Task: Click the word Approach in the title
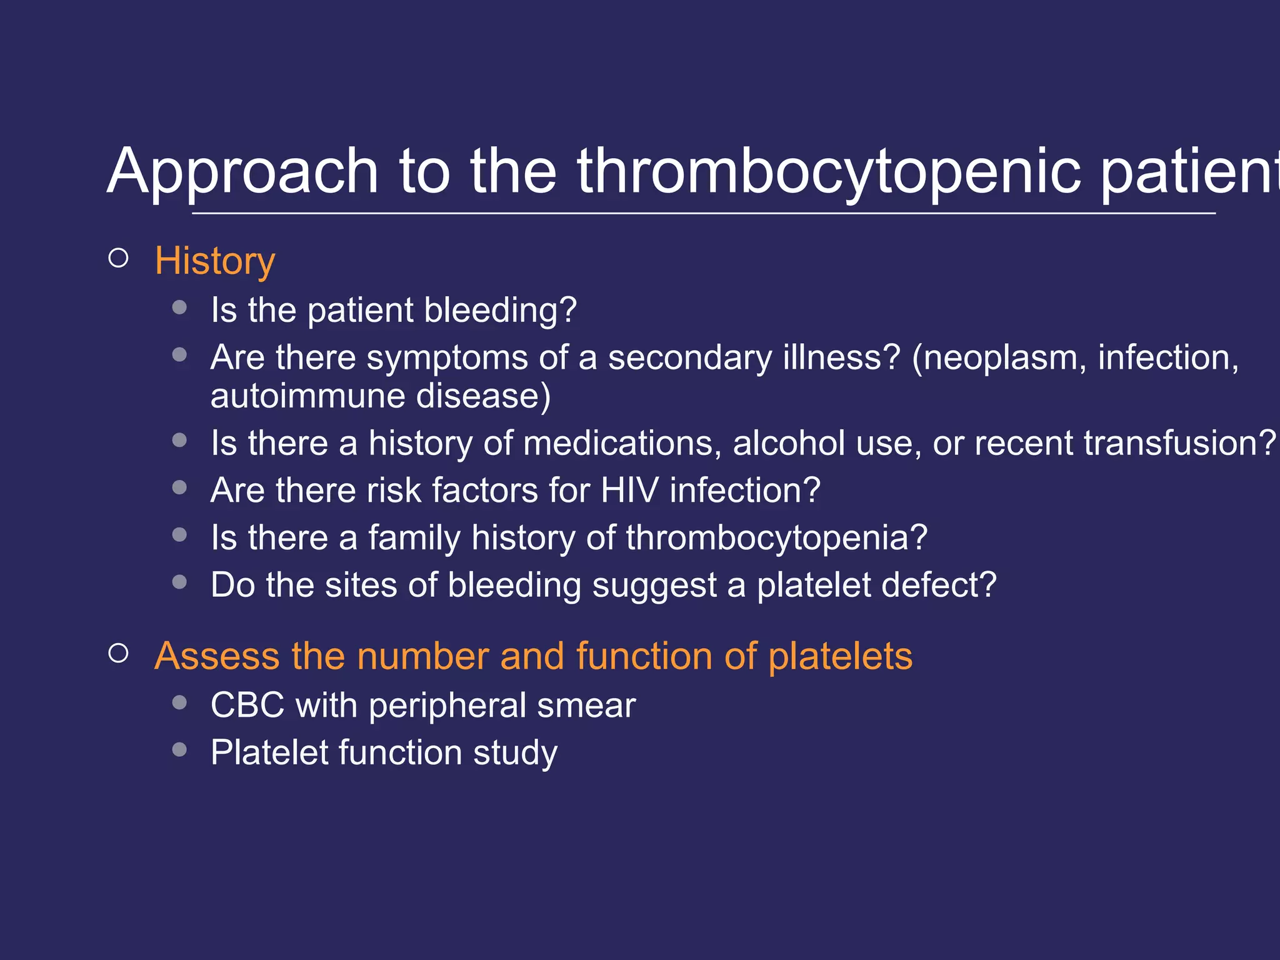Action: click(x=242, y=172)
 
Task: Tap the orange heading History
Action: click(x=214, y=261)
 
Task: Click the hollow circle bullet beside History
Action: click(x=118, y=258)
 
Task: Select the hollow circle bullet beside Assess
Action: click(x=118, y=654)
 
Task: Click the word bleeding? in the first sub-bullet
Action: click(x=500, y=311)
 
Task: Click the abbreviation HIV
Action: click(x=629, y=491)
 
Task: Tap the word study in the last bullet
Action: click(x=515, y=753)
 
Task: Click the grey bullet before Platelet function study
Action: click(x=179, y=749)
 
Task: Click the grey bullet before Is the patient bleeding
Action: click(x=179, y=307)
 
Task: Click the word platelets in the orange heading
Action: click(x=840, y=657)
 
